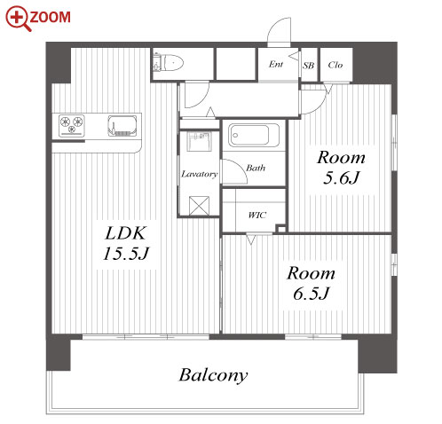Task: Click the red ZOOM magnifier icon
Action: point(19,19)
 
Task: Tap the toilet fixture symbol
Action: point(169,62)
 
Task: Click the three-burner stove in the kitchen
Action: point(72,126)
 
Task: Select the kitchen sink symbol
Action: point(122,126)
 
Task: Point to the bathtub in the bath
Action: point(254,135)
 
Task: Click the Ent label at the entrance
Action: point(276,64)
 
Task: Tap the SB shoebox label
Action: point(308,65)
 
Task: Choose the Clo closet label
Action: point(335,65)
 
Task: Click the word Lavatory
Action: point(200,174)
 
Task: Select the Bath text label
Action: point(256,168)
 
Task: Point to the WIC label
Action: point(257,215)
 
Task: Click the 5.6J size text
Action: point(341,178)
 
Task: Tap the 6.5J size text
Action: point(311,294)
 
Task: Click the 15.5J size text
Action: point(126,254)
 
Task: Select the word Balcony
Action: point(213,375)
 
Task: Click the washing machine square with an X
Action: point(199,206)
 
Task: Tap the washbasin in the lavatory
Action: point(199,141)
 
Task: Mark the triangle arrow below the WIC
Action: point(251,239)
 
